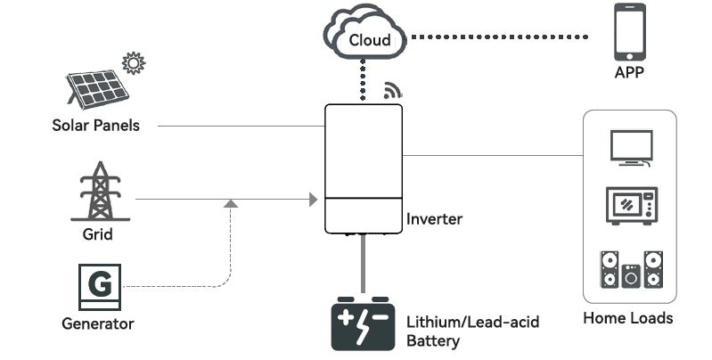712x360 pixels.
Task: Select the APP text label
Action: point(629,73)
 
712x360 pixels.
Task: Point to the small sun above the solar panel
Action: point(134,63)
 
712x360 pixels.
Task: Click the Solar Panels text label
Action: point(95,126)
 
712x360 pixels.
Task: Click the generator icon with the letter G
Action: point(101,285)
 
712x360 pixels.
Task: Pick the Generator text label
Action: point(97,323)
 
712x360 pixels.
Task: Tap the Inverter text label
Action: point(434,218)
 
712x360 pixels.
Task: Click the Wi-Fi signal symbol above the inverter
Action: point(392,91)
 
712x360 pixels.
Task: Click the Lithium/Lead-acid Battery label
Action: point(472,331)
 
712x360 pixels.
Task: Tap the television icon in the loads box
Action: point(630,148)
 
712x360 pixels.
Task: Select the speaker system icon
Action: point(631,269)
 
